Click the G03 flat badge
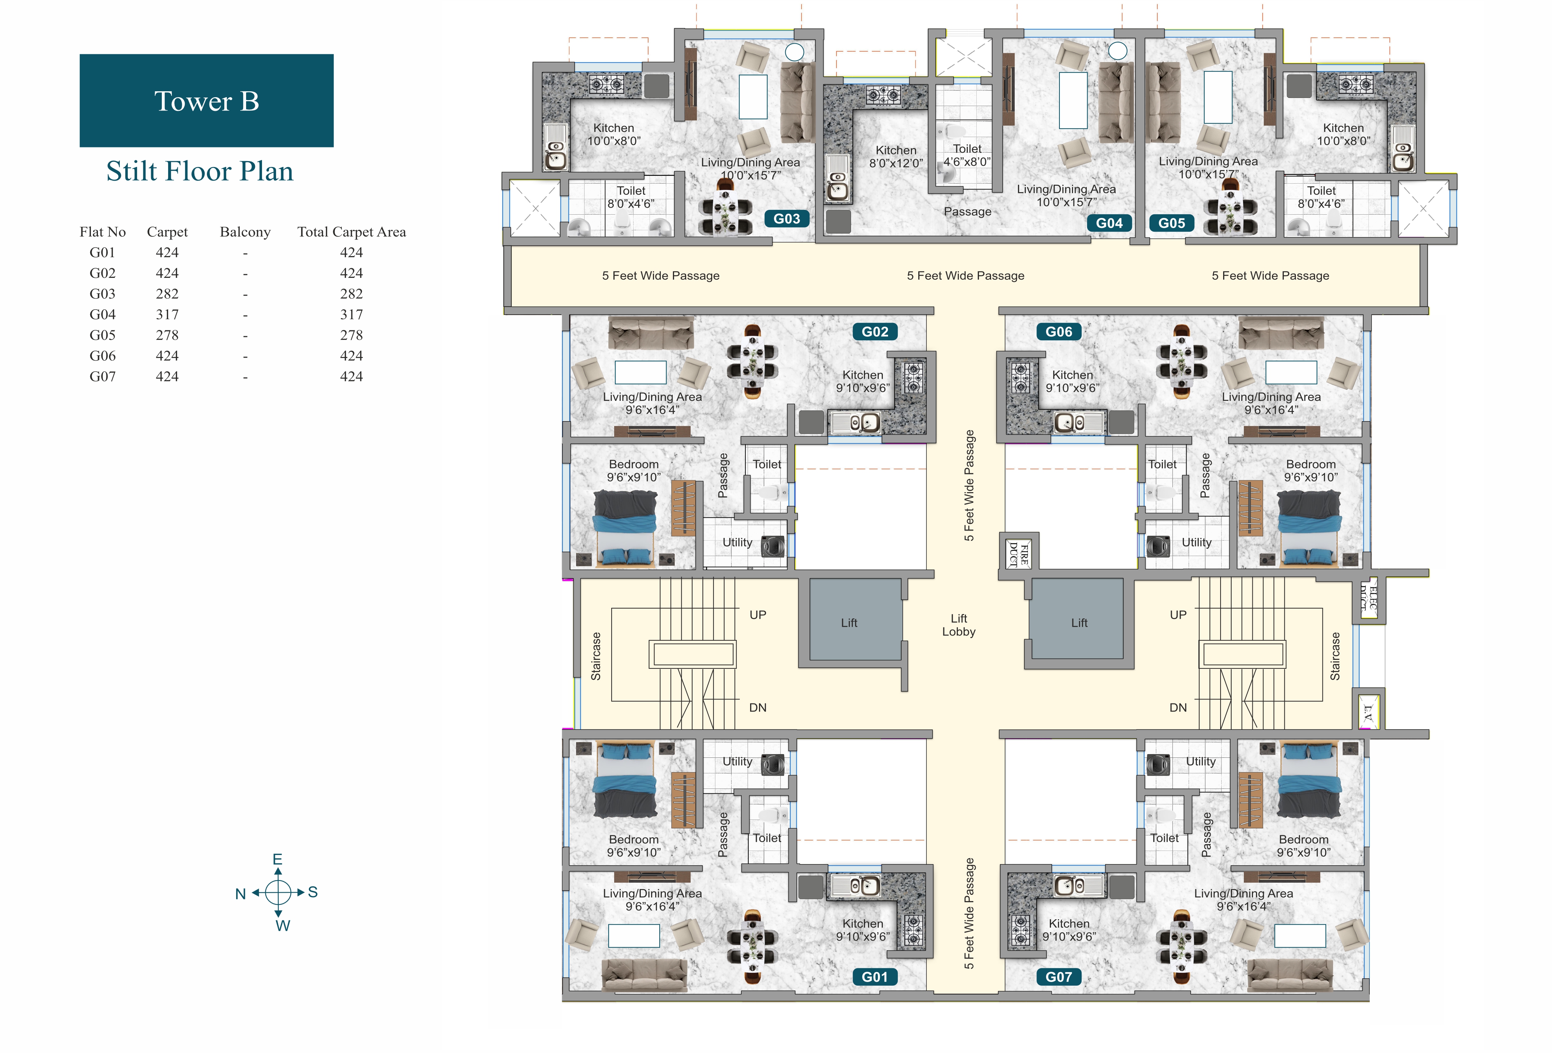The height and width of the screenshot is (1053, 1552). coord(787,219)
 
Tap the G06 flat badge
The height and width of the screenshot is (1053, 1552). coord(1058,332)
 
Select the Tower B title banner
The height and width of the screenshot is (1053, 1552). coord(206,101)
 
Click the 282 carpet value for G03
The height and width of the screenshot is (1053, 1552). coord(167,294)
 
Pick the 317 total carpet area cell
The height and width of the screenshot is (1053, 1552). coord(351,314)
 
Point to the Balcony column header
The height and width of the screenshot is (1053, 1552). coord(245,232)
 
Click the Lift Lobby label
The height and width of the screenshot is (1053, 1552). coord(958,625)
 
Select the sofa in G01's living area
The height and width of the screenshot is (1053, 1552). coord(644,975)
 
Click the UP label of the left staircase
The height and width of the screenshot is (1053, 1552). coord(757,615)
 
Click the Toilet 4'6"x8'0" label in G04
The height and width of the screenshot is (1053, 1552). coord(967,155)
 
